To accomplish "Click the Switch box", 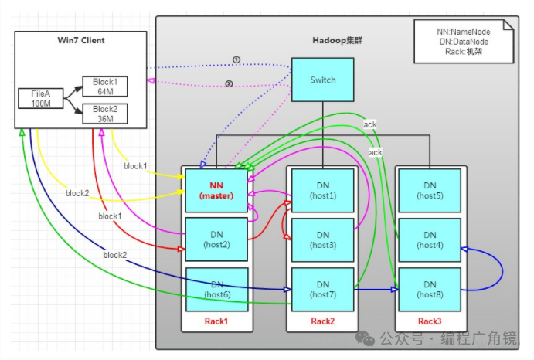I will click(322, 80).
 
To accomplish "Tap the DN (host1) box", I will click(322, 190).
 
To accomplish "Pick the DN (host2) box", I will click(216, 239).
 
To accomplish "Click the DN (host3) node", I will click(322, 239).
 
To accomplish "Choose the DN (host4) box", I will click(429, 239).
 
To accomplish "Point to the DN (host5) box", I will click(429, 190).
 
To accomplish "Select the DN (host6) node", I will click(216, 289).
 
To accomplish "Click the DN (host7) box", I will click(322, 289).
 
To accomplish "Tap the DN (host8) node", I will click(429, 289).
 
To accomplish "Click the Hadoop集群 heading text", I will click(337, 39).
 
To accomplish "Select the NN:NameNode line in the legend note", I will click(463, 32).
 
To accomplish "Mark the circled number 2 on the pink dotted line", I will click(229, 84).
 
